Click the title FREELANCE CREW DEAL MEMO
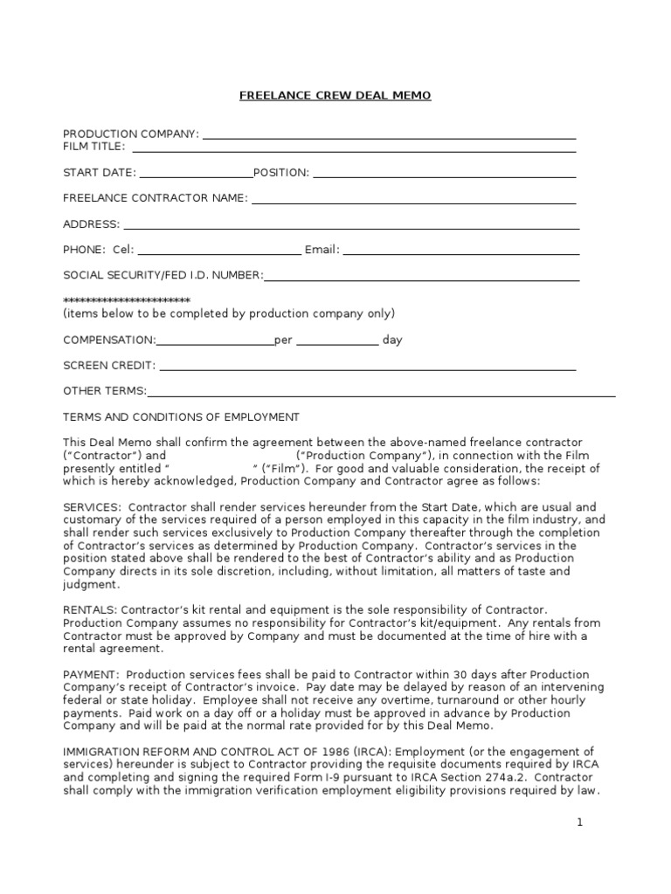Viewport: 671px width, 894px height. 335,95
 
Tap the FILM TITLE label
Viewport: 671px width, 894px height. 93,147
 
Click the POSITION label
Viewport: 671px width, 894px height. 280,173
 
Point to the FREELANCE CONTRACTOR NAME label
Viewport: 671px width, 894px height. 156,198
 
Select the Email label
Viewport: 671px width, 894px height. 322,250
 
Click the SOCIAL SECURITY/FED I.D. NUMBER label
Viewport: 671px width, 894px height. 163,275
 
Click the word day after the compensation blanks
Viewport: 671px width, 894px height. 392,340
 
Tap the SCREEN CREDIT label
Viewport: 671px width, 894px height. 109,366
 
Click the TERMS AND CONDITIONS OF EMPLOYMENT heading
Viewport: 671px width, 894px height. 181,416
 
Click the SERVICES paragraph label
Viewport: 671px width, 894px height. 90,507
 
